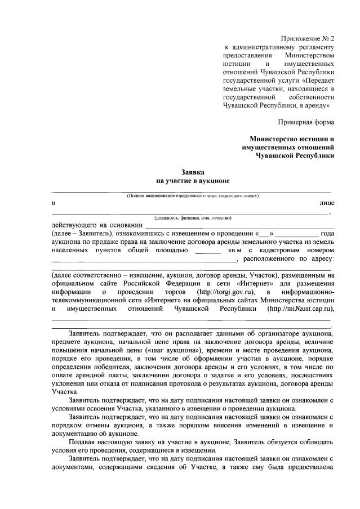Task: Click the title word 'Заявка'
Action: (193, 172)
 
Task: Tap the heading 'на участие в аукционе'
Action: (193, 181)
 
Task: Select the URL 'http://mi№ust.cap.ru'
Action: (299, 308)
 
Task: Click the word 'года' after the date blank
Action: (327, 234)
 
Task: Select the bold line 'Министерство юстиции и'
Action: (292, 139)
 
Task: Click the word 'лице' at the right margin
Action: (326, 203)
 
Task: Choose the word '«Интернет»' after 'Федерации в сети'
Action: (255, 283)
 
